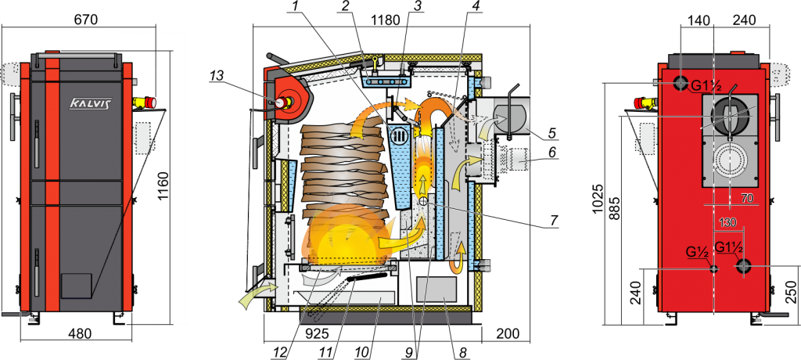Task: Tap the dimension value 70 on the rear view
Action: (746, 200)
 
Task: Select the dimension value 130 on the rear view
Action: (727, 223)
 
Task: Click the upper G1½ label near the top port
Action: (707, 85)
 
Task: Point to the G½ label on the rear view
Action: (697, 252)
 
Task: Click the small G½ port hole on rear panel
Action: (713, 268)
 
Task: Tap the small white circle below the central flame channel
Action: (423, 202)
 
